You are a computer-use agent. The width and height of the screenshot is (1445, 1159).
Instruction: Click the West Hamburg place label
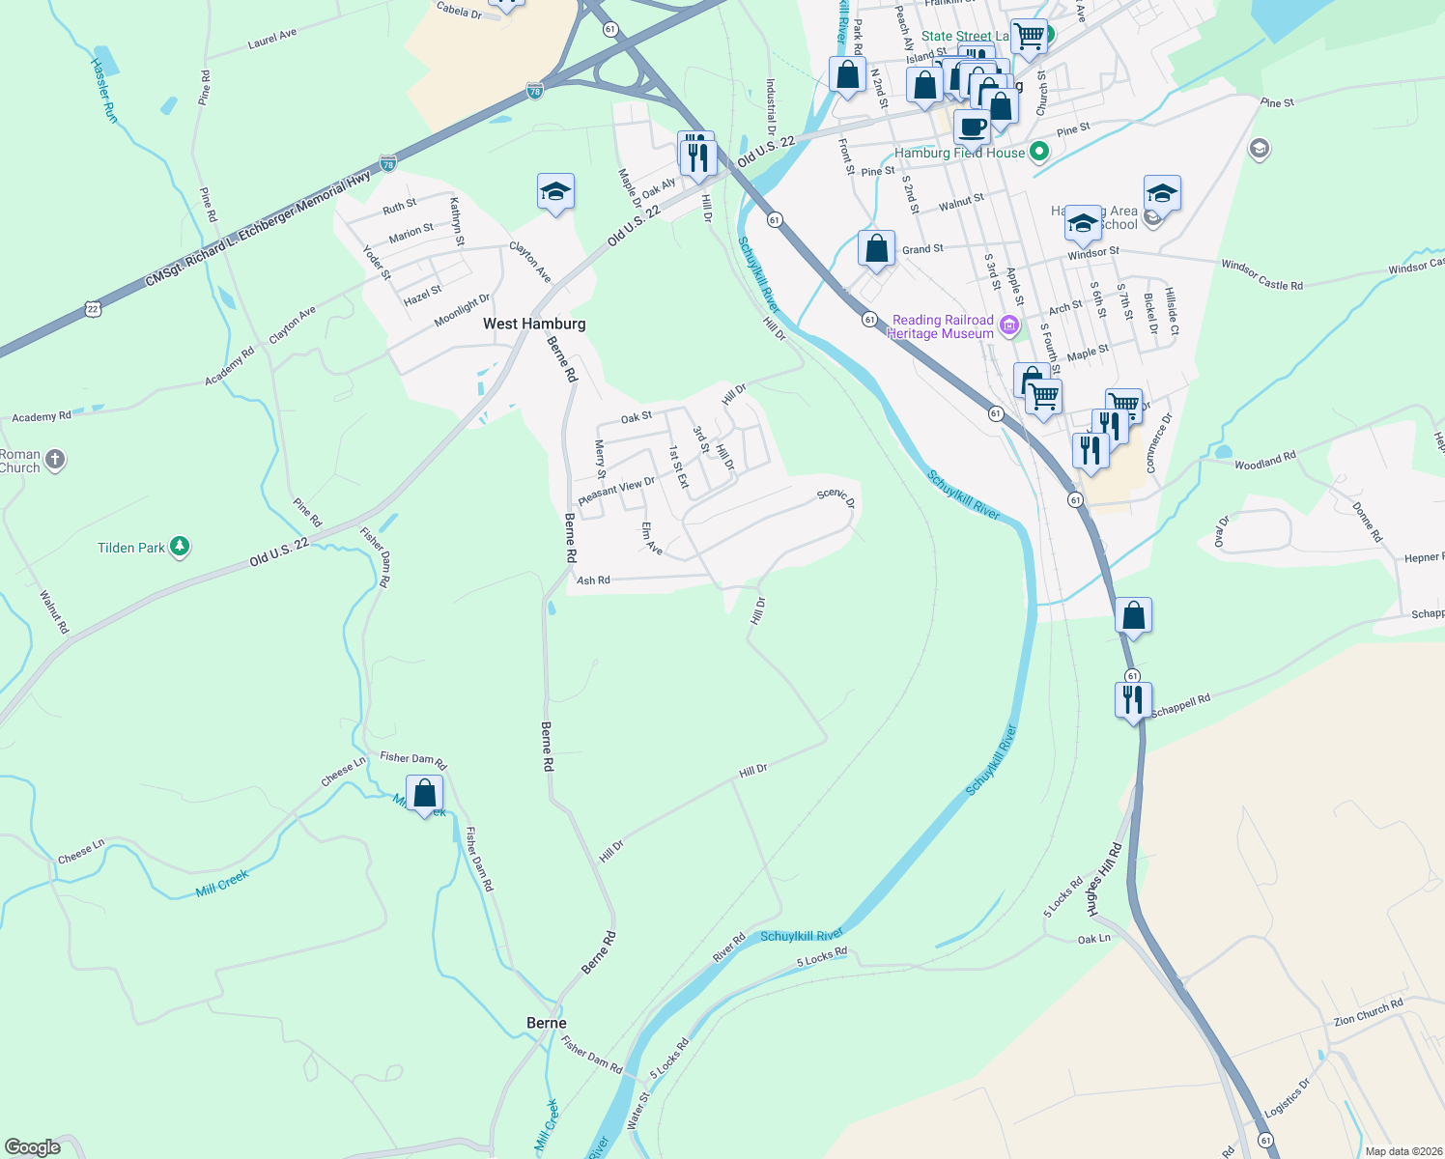pos(534,324)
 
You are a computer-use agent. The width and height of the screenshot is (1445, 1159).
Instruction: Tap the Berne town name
pos(547,1023)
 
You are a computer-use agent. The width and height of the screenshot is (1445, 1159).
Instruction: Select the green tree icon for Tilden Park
pos(180,547)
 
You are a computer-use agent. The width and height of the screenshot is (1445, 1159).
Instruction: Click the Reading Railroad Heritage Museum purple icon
pos(1010,325)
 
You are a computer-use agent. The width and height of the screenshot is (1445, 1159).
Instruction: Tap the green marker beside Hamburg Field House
pos(1039,152)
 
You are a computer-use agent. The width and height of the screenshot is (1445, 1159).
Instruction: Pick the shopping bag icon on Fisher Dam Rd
pos(425,794)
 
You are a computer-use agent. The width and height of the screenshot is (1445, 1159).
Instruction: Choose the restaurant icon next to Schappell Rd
pos(1133,699)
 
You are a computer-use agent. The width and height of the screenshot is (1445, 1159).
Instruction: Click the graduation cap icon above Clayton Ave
pos(555,192)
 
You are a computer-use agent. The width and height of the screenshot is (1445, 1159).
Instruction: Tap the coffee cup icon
pos(972,127)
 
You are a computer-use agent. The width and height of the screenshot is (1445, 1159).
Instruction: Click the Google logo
pos(33,1146)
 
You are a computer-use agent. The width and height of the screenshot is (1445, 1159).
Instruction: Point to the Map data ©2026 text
pos(1400,1151)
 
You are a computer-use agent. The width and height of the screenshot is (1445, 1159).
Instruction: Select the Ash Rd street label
pos(593,580)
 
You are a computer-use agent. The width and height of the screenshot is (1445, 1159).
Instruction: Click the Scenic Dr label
pos(836,497)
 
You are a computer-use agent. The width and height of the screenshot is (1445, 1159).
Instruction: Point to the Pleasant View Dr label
pos(616,491)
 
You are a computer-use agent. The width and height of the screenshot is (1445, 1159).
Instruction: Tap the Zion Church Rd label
pos(1368,1013)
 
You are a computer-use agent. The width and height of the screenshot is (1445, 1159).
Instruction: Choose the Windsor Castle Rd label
pos(1261,274)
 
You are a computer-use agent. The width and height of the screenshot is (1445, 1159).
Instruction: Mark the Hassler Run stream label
pos(104,89)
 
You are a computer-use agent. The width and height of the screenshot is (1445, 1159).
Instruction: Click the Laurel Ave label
pos(272,39)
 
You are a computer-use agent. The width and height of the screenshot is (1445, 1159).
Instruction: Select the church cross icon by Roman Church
pos(55,460)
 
